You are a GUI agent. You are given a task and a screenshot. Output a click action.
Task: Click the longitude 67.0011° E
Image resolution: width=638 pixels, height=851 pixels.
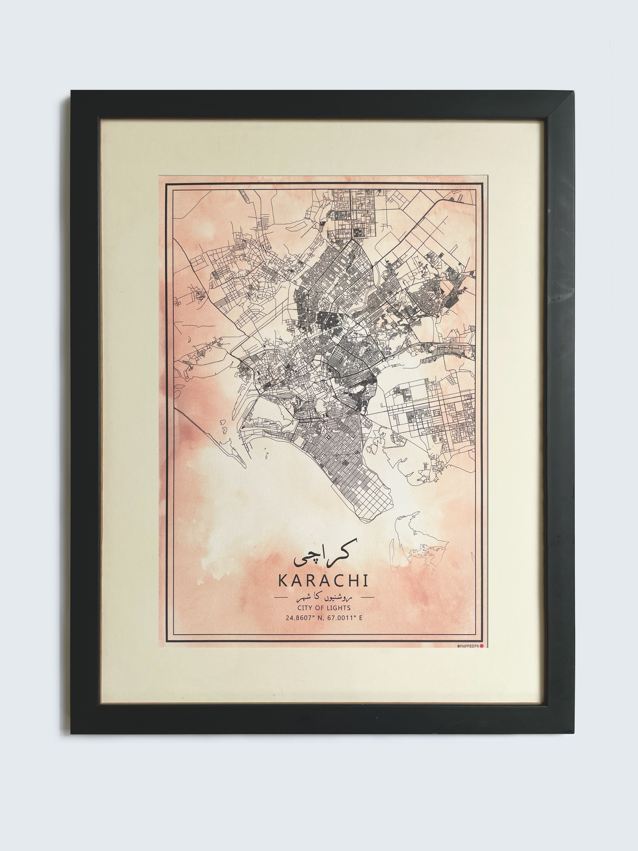345,617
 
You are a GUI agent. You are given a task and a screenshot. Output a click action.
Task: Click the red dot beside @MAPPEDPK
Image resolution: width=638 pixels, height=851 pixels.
482,646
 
